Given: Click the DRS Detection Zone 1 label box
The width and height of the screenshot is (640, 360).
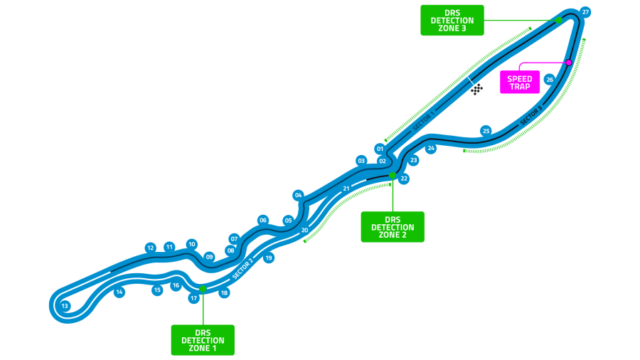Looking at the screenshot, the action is tap(203, 340).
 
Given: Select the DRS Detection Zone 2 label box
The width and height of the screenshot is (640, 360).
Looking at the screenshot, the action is tap(393, 227).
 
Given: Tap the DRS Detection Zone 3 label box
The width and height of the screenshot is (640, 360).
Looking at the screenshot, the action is tap(452, 21).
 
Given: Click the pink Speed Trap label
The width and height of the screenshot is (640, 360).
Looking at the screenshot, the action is tap(520, 83).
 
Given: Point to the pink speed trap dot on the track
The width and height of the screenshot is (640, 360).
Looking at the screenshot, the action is tap(569, 63).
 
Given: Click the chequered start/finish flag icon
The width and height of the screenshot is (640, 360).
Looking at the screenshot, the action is tap(476, 89).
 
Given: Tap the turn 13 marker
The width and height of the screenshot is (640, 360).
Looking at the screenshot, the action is tap(65, 306).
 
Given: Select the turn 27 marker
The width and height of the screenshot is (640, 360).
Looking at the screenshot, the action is tap(585, 12).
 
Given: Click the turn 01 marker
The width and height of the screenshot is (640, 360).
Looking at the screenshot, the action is tap(380, 149).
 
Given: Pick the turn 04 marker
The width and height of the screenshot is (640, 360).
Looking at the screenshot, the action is tap(299, 195).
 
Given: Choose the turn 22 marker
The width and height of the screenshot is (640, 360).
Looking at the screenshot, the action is tap(404, 179).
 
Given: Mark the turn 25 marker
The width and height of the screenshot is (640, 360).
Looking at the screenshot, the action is tap(486, 131).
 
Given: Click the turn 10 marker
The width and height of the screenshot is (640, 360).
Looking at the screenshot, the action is tap(191, 245).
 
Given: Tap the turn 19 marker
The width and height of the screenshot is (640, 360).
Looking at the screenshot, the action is tap(269, 258).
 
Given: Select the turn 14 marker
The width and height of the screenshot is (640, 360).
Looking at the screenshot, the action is tap(119, 292).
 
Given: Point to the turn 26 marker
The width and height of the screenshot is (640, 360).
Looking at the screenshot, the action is tap(550, 80).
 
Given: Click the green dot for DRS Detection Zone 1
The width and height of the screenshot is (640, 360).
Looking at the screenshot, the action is tap(203, 289).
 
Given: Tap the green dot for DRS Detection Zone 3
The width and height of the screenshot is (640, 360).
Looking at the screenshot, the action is tap(559, 20).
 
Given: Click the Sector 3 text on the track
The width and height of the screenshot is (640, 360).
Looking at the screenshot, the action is tap(531, 115).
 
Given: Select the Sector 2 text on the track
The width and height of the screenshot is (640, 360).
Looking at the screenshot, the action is tap(243, 268).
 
